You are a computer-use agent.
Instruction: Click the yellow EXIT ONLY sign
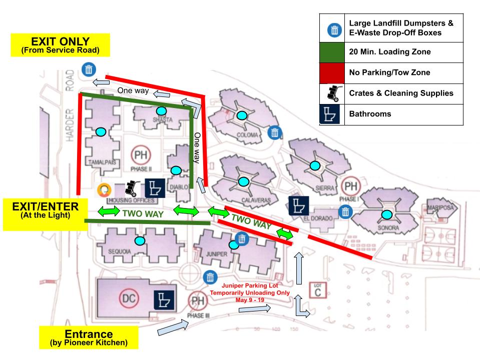60,44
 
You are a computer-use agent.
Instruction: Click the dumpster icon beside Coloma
275,132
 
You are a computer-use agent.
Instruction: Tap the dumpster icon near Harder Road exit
89,69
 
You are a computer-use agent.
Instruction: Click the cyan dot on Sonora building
387,215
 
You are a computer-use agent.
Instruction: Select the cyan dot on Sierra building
314,165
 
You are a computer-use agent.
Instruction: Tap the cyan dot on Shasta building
161,110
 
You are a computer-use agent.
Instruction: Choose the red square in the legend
333,72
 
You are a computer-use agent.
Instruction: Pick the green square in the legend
333,51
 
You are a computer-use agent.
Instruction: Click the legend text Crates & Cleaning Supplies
401,93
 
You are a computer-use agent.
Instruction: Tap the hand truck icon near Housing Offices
131,188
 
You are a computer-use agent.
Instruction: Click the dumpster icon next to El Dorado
345,212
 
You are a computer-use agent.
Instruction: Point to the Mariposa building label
440,206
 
